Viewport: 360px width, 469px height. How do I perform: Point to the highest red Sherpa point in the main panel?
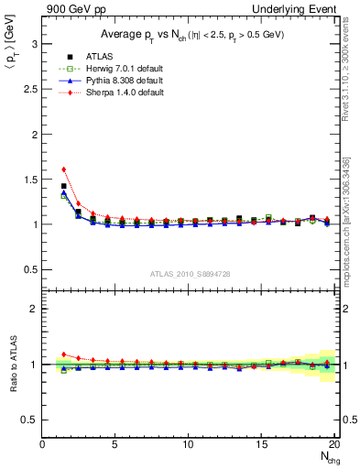point(63,169)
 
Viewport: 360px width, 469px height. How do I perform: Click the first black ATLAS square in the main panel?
point(63,186)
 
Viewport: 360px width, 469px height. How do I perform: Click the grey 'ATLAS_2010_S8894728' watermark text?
point(189,274)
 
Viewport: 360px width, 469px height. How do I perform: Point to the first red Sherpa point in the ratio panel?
point(63,354)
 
